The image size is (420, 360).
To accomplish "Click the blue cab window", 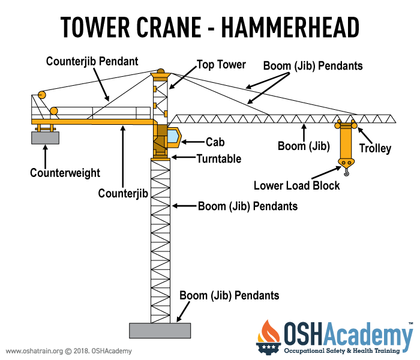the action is [173, 137].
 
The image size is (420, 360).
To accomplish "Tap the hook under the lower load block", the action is [347, 172].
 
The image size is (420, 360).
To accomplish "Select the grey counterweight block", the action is [45, 137].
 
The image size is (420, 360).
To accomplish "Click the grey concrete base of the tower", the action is [160, 331].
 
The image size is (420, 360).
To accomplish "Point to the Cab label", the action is [215, 142].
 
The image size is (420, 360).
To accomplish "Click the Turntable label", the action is [219, 158].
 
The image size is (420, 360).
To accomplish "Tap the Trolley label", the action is [375, 148].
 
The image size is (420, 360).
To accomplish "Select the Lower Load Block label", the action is [297, 185].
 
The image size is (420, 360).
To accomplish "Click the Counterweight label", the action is [65, 173].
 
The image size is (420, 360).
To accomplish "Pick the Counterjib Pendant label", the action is [92, 61].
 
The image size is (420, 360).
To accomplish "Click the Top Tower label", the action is [221, 65].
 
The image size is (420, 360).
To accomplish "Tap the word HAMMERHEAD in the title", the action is [290, 27].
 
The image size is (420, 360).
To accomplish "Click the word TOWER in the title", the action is [95, 27].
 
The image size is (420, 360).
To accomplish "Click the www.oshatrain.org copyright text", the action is [69, 351].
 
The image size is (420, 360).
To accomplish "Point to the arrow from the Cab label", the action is [193, 142].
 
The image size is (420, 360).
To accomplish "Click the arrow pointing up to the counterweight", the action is [46, 157].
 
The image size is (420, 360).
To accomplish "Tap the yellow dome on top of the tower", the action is [160, 71].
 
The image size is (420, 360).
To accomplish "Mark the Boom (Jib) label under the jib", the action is [304, 146].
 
